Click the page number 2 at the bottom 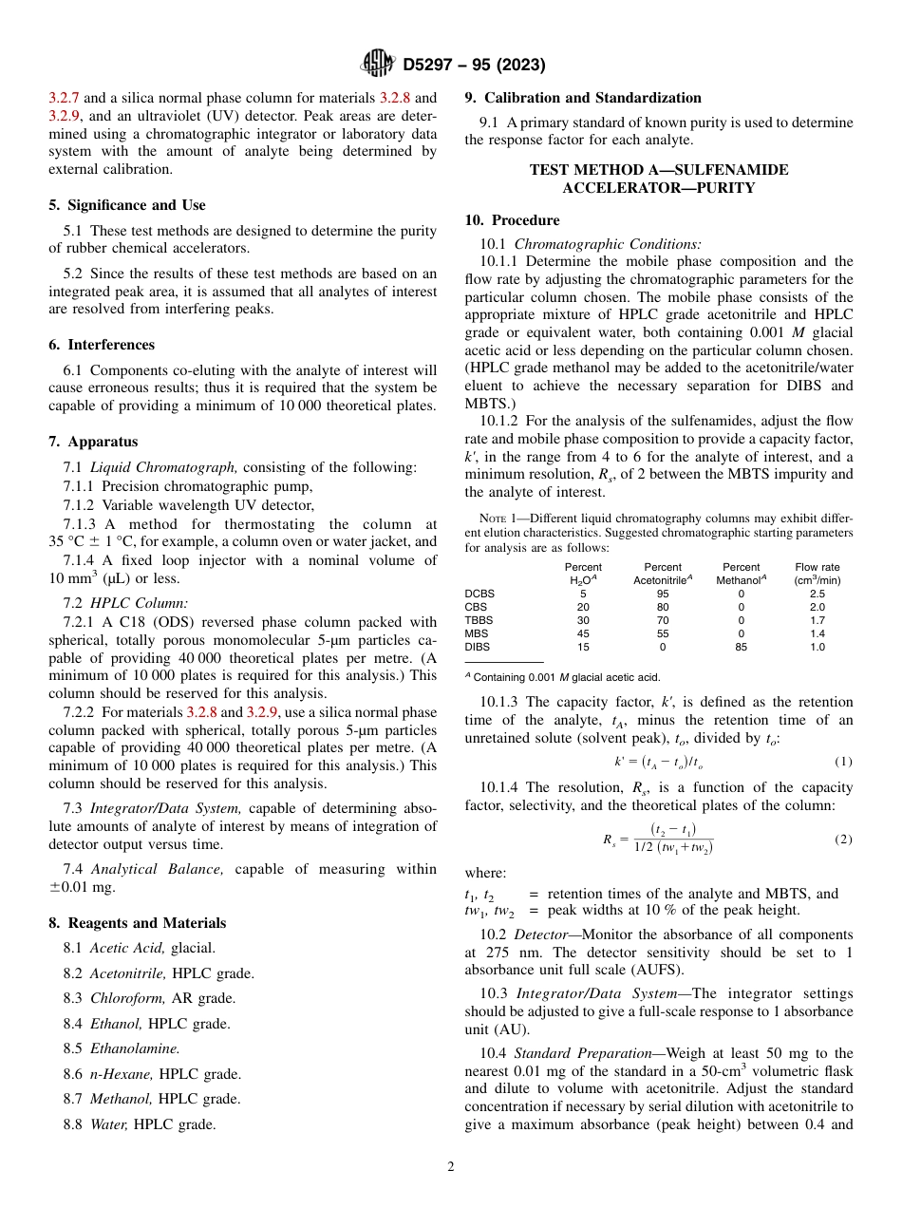pos(451,1167)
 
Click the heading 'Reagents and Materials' pos(146,923)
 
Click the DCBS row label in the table pos(479,594)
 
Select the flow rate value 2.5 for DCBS pos(817,594)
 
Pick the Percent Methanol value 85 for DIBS pos(741,647)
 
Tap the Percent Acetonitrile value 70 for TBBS pos(662,620)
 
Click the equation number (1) pos(843,762)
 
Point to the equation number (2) pos(843,840)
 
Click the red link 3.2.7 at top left pos(64,98)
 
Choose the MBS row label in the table pos(477,633)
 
